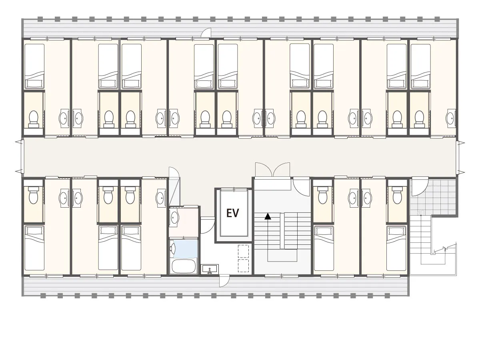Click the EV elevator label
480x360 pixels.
(x=233, y=213)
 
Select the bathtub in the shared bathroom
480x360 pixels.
(x=184, y=266)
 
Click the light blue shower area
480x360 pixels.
(x=186, y=249)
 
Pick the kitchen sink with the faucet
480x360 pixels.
(x=210, y=269)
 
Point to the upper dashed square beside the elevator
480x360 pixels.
(x=243, y=251)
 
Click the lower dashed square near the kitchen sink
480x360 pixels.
(x=243, y=266)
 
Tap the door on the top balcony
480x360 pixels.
(x=206, y=33)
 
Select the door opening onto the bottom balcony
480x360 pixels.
(x=224, y=281)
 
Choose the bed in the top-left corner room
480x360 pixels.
(x=34, y=66)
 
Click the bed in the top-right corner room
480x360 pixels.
(x=420, y=66)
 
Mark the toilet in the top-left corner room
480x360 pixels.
(x=34, y=119)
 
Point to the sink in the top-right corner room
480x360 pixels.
(x=451, y=118)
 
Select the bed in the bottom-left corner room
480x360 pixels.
(x=34, y=248)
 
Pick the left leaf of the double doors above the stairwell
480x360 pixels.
(x=264, y=170)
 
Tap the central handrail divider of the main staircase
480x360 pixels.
(x=282, y=231)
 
